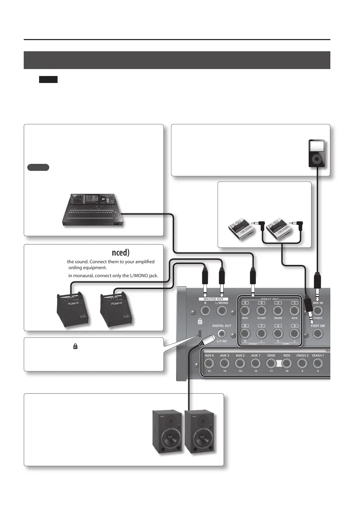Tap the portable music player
tap(317, 153)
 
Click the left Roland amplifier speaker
tap(73, 310)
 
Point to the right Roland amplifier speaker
tap(116, 310)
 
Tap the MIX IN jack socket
tap(317, 311)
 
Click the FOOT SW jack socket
tap(317, 334)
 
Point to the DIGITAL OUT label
tap(222, 326)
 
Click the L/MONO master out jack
tap(222, 311)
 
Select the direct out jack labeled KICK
tap(295, 311)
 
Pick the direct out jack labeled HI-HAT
tap(262, 311)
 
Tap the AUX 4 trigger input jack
tap(209, 364)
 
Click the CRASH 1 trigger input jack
tap(317, 364)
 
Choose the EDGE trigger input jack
tap(271, 364)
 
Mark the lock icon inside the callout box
tap(75, 347)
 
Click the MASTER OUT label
tap(213, 299)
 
